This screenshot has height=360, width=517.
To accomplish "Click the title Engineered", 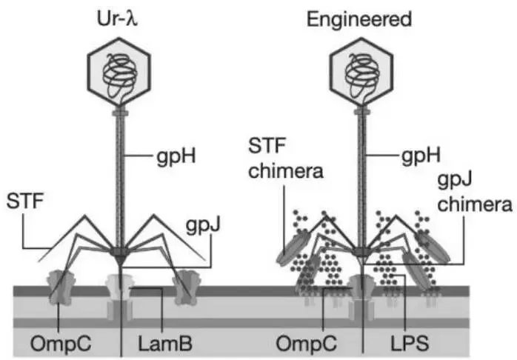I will [361, 18].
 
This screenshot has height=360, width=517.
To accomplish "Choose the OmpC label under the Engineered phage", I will [298, 344].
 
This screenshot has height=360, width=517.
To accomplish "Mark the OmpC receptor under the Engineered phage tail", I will [361, 290].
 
